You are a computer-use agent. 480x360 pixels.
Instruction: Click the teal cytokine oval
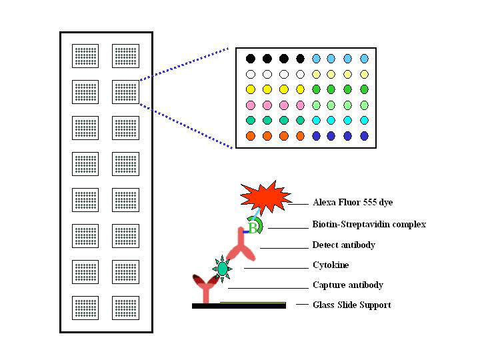pos(223,268)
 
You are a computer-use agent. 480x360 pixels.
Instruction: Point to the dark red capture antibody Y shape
pos(205,288)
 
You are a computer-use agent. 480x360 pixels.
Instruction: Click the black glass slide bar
pos(239,305)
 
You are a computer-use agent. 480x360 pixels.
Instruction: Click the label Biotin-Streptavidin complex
pos(369,225)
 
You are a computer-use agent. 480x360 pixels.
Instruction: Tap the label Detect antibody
pos(343,245)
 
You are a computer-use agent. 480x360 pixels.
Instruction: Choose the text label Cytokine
pos(330,265)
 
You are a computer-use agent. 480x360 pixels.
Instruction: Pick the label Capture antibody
pos(347,285)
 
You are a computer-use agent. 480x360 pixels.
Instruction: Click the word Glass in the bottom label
pos(323,305)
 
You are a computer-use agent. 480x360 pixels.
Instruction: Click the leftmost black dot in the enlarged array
pos(251,59)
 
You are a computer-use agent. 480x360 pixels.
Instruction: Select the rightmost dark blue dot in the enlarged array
pos(364,135)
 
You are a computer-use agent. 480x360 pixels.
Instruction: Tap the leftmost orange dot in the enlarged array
pos(251,135)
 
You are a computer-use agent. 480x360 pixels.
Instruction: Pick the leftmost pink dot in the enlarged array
pos(251,105)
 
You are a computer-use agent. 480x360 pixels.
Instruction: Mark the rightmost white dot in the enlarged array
pos(300,74)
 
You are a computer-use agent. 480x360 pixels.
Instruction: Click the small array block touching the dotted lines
pos(125,92)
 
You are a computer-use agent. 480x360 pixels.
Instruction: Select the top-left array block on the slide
pos(85,56)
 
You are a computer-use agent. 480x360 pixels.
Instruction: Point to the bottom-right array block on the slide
pos(125,308)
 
